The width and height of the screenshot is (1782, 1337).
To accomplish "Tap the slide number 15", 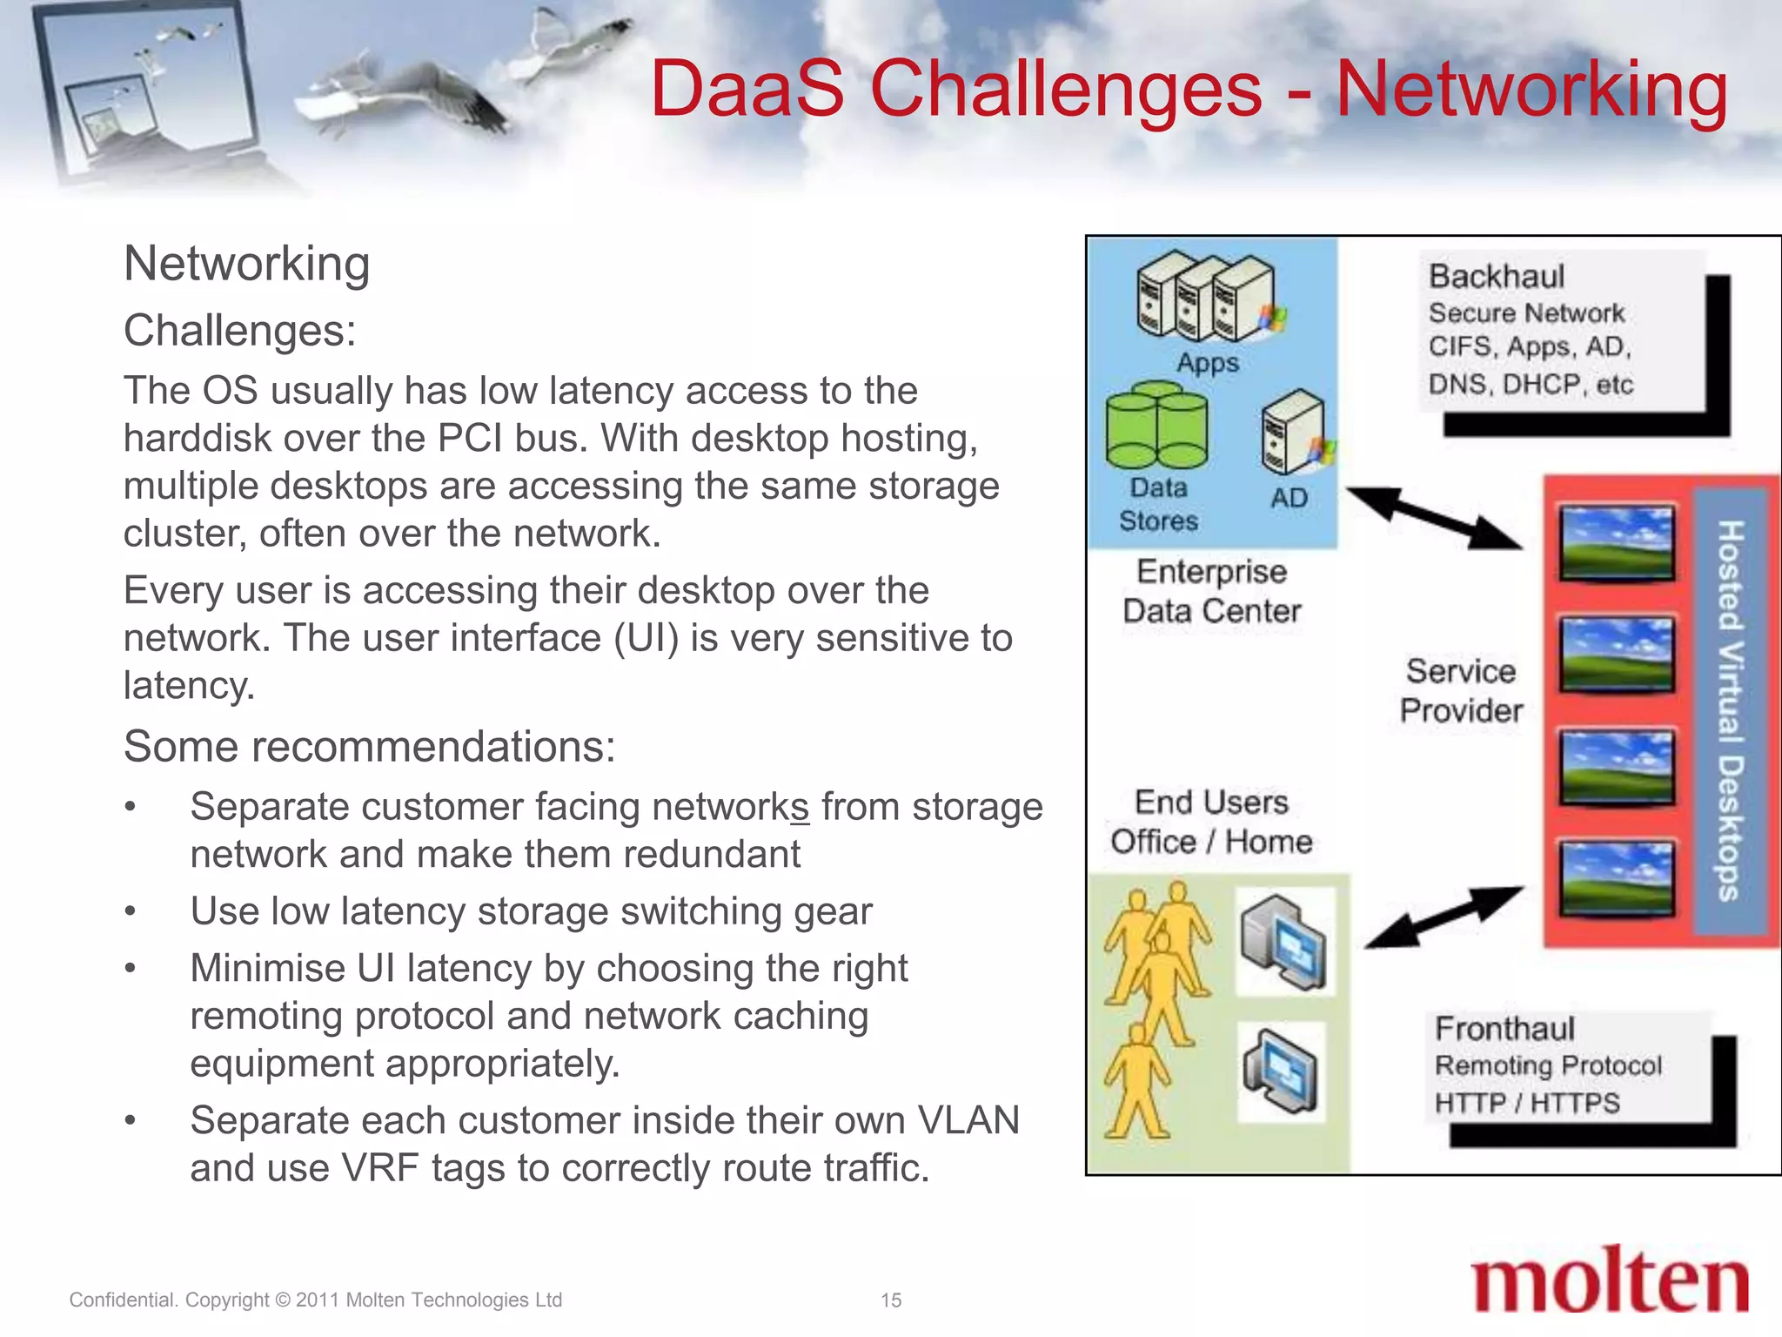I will pos(890,1300).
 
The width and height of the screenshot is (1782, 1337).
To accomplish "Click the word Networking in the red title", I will pos(1531,89).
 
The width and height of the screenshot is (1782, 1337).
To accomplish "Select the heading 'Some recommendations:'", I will pos(370,747).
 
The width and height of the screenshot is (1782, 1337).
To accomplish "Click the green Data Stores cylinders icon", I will pos(1156,428).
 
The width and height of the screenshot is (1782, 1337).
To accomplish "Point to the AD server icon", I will pos(1294,432).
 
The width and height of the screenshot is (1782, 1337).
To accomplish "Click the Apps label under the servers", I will pos(1208,362).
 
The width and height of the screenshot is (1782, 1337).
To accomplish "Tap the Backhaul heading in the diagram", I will pos(1497,277).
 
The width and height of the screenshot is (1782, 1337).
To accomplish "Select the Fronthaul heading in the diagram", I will pos(1504,1029).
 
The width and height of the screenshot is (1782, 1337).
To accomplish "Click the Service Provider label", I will pos(1461,690).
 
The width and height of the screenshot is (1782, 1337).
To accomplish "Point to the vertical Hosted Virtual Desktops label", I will pos(1730,709).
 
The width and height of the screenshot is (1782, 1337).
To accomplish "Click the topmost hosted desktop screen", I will pos(1617,542).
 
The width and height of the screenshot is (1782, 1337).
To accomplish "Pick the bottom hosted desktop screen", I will pos(1617,877).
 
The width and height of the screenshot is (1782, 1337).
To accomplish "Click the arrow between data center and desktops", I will pos(1436,518).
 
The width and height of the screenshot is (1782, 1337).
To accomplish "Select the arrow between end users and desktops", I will pos(1444,917).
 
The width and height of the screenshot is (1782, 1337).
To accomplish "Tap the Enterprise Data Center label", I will pos(1211,591).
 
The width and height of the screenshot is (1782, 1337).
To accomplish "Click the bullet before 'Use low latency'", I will pos(131,912).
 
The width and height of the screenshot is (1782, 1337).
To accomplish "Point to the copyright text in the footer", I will pos(315,1300).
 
